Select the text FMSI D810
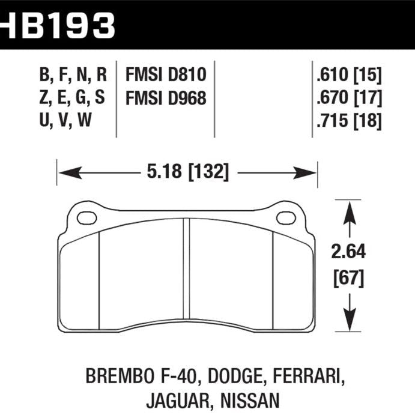(166, 75)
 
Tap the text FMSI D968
(166, 98)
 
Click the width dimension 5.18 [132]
(187, 174)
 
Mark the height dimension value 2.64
(348, 252)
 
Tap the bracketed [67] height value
(348, 278)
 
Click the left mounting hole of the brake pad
(87, 217)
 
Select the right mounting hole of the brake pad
(285, 217)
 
